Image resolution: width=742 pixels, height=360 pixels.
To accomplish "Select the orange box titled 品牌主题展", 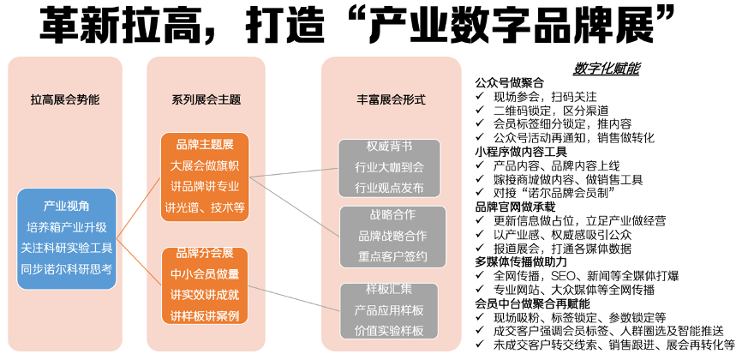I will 206,175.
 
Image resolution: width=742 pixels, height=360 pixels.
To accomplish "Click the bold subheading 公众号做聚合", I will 510,83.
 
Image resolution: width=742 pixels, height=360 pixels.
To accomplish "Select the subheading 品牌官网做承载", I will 516,207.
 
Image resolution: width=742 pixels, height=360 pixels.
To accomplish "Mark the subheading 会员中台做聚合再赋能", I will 533,303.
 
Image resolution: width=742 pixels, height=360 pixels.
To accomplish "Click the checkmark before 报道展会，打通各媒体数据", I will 480,249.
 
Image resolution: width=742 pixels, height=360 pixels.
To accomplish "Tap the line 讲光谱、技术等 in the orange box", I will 206,207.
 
